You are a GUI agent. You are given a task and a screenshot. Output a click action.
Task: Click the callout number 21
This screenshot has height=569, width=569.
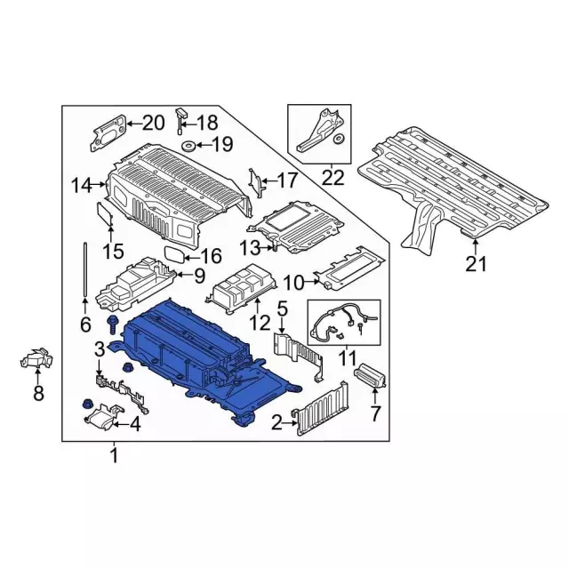click(476, 263)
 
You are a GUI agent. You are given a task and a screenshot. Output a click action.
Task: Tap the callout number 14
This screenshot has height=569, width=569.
click(82, 186)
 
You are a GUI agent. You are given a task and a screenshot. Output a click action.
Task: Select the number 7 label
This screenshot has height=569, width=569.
click(375, 413)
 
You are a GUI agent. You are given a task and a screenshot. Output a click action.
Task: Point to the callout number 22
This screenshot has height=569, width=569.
click(333, 178)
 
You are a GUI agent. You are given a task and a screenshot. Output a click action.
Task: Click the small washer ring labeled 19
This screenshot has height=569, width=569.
click(188, 146)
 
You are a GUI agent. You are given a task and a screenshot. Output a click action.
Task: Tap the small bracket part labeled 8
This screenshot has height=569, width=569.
click(36, 357)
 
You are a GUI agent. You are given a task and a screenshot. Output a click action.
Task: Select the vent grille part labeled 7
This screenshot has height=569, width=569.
click(370, 376)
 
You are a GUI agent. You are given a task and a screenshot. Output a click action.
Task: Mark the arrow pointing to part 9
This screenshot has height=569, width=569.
click(182, 275)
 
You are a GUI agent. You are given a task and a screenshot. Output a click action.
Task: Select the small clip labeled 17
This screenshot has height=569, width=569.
click(257, 183)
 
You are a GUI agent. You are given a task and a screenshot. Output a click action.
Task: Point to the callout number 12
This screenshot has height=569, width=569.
click(260, 323)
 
